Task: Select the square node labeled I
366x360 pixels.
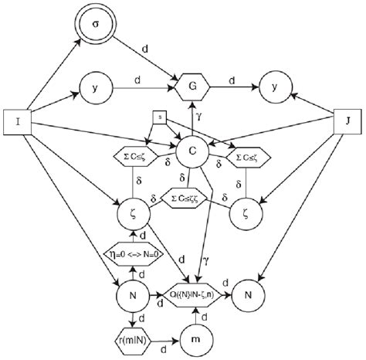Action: point(18,122)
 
